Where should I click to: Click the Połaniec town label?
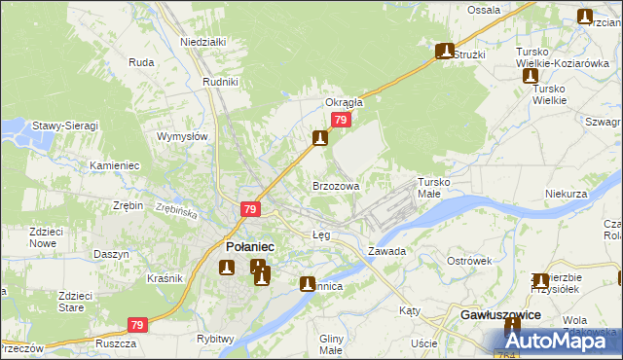(x=249, y=247)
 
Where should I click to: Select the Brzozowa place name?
(x=336, y=185)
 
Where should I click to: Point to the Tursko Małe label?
(x=435, y=188)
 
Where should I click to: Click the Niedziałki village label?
(x=202, y=43)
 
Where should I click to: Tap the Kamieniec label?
(x=115, y=166)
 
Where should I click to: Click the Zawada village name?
(x=386, y=251)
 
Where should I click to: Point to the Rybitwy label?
(x=215, y=339)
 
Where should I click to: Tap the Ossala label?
(x=483, y=10)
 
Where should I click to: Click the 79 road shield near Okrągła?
(x=340, y=120)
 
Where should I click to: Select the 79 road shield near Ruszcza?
(x=137, y=325)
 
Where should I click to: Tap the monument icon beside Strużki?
(x=446, y=51)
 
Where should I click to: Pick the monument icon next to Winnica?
(x=308, y=284)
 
